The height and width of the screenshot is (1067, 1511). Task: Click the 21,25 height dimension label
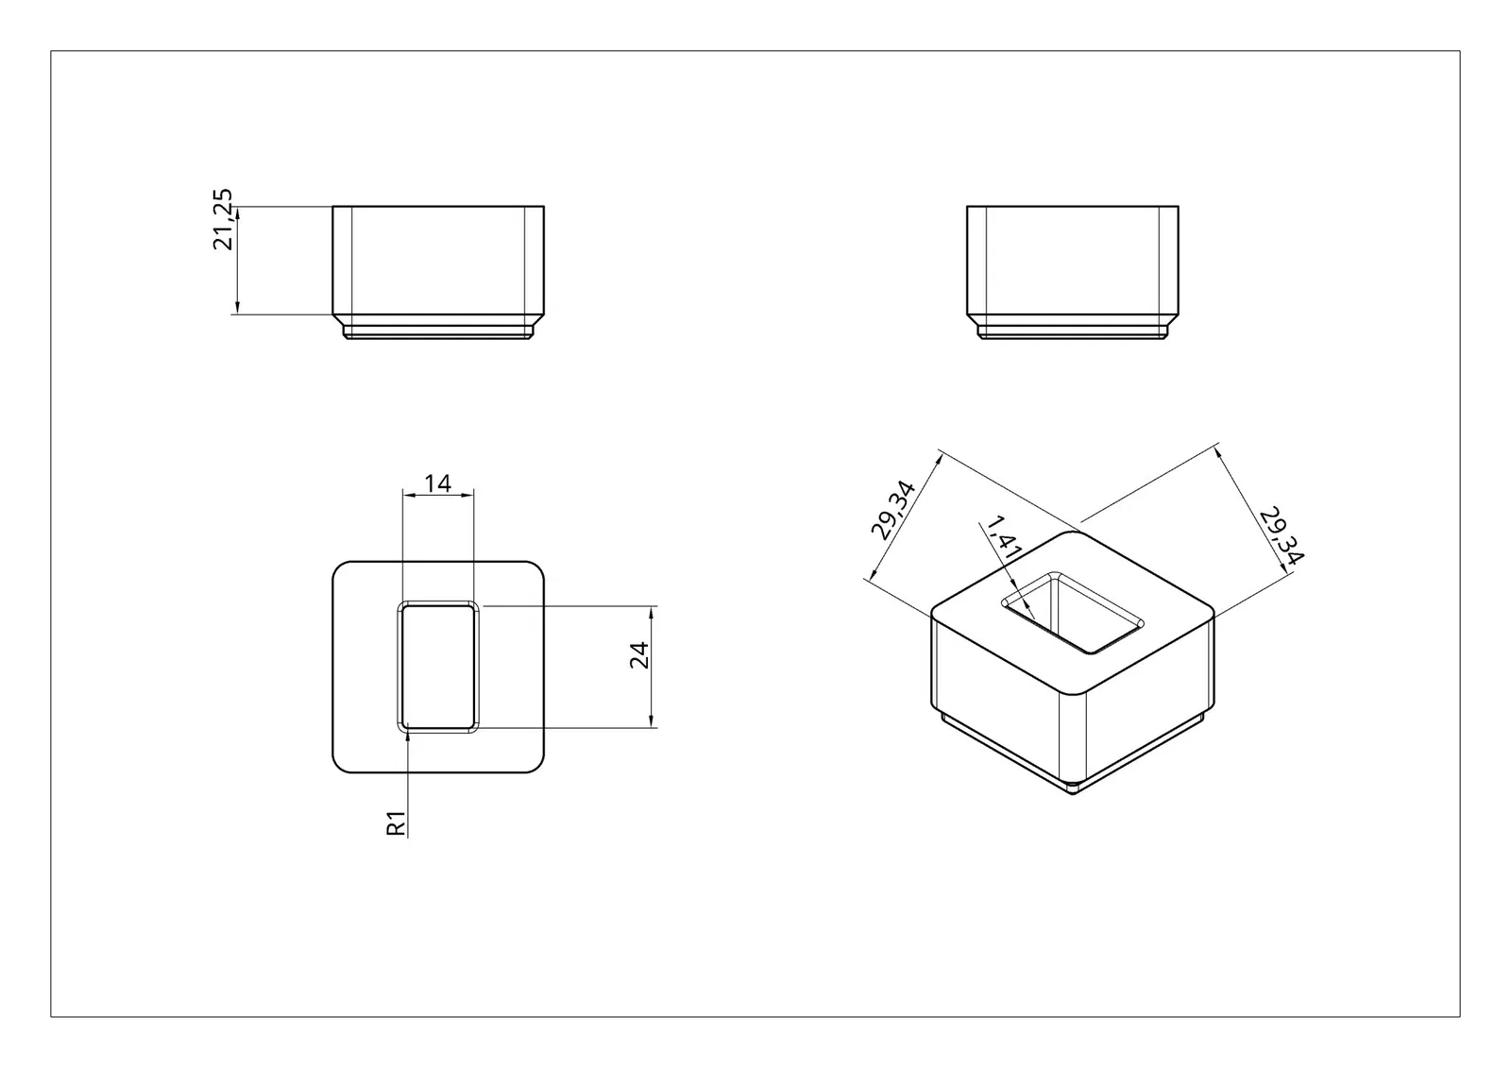click(x=223, y=219)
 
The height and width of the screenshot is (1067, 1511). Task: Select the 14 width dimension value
click(x=438, y=483)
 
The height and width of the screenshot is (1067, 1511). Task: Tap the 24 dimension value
click(x=638, y=655)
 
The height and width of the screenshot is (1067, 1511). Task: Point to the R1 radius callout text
click(x=396, y=822)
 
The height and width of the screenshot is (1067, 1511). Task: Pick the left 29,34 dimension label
click(x=892, y=511)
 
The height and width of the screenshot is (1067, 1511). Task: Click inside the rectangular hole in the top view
click(x=438, y=667)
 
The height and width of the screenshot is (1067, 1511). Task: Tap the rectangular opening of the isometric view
click(x=1073, y=613)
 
